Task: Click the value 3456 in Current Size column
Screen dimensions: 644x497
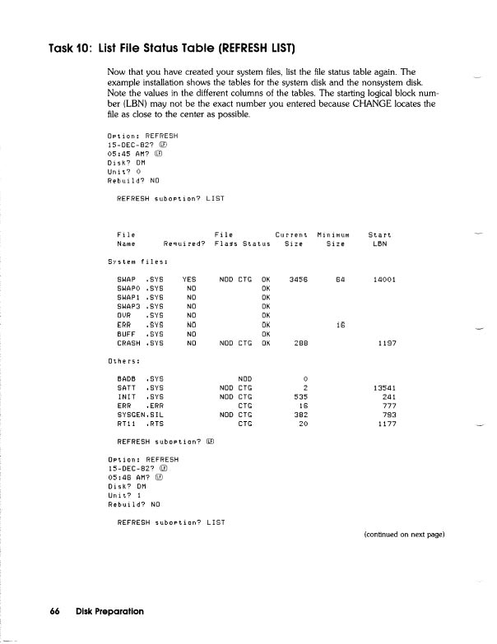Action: [x=298, y=280]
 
